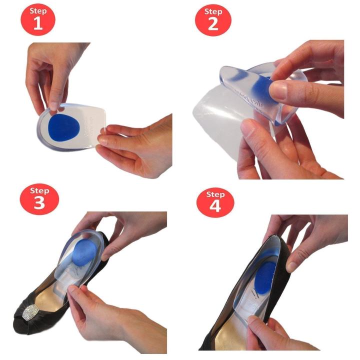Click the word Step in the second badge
tap(213, 11)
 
